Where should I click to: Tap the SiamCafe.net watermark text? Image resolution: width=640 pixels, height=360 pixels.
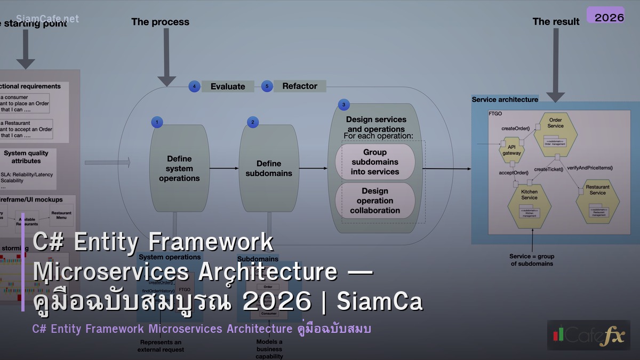pos(47,19)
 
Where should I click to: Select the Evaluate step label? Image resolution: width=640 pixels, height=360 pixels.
pos(228,86)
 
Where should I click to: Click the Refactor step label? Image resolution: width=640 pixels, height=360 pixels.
pos(300,86)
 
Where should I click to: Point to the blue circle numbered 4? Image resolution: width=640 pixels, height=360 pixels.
pos(194,86)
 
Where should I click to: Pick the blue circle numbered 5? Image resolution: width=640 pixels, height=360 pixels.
pos(267,86)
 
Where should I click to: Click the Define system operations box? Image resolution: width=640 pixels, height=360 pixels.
pos(179,169)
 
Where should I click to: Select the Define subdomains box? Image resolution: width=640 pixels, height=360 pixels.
pos(268,169)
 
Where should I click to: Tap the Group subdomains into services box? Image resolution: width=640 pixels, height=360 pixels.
pos(375,162)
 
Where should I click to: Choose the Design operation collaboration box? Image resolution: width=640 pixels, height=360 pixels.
pos(375,201)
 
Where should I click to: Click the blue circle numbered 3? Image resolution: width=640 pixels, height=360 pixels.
pos(343,105)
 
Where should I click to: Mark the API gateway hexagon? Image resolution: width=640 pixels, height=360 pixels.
pos(511,150)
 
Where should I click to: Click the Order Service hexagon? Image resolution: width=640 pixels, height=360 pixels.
pos(555,133)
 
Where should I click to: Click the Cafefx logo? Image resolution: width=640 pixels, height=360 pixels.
pos(588,335)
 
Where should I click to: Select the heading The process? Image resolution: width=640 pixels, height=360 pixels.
pos(160,22)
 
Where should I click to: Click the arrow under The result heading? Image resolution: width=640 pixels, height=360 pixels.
pos(555,64)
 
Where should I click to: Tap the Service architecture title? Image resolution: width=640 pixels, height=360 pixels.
pos(505,99)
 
